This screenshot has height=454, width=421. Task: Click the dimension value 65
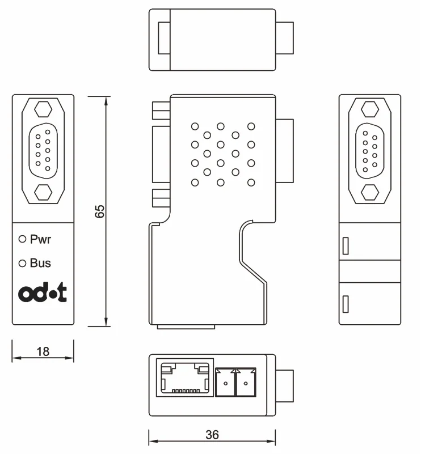[x=99, y=211]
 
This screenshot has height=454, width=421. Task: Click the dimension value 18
[x=43, y=351]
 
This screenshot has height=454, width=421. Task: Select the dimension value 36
[x=212, y=435]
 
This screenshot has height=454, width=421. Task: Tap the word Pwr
[x=40, y=239]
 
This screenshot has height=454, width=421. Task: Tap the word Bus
[x=40, y=263]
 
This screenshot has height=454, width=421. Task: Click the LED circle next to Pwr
[x=23, y=239]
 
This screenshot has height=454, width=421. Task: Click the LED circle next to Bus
[x=23, y=263]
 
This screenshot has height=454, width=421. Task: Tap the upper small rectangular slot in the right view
[x=346, y=245]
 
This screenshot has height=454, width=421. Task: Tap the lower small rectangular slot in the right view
[x=346, y=303]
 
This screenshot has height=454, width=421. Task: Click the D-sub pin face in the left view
[x=43, y=149]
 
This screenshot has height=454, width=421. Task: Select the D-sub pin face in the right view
[x=369, y=149]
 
